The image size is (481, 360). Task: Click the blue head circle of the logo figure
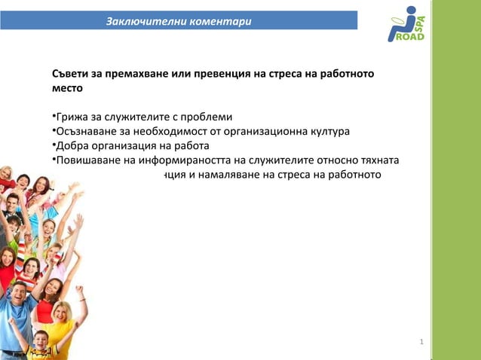pyautogui.click(x=410, y=11)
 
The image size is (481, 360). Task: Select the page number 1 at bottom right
pyautogui.click(x=421, y=343)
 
